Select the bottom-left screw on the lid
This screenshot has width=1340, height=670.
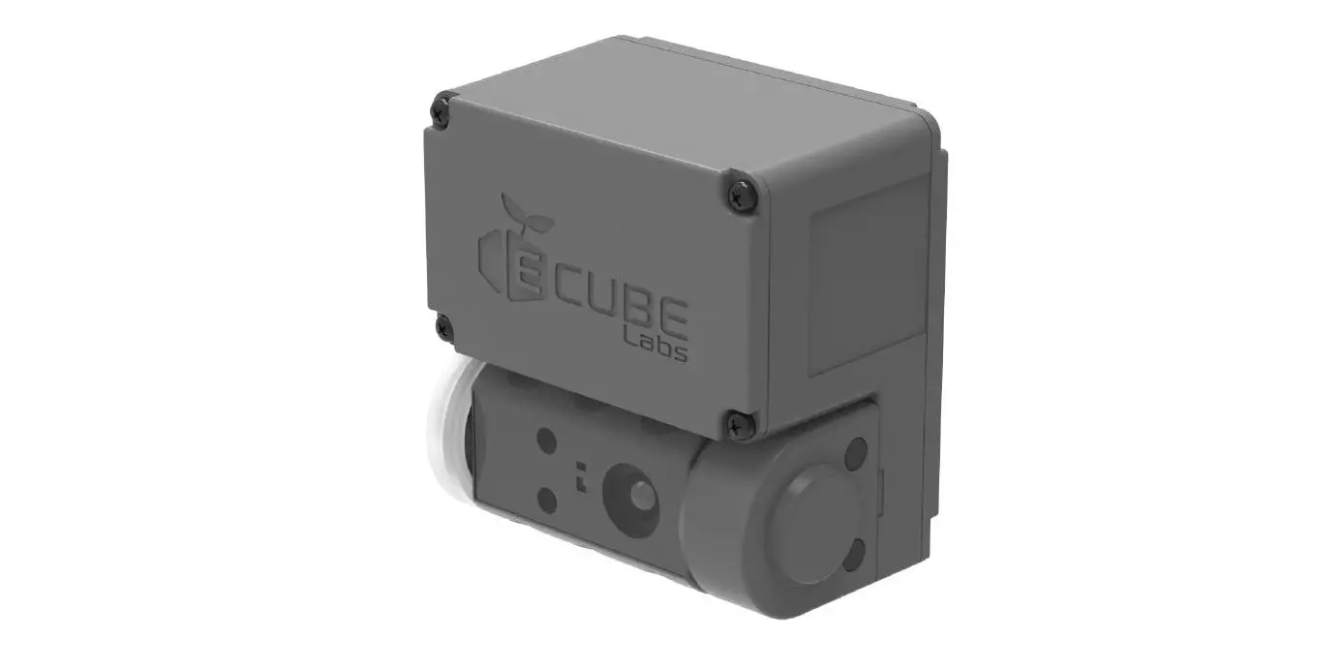point(445,326)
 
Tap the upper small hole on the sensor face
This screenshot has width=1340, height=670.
point(547,442)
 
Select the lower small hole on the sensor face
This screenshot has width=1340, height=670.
point(547,501)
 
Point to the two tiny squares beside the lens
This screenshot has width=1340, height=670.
point(582,471)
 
